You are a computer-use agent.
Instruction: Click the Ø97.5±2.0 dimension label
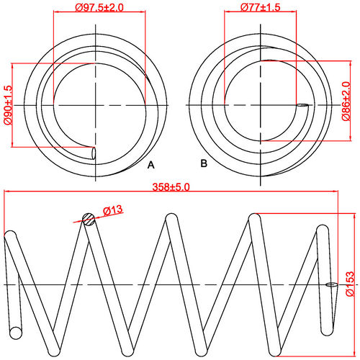click(100, 7)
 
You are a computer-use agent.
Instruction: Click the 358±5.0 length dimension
click(171, 186)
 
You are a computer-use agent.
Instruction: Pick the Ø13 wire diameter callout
click(114, 210)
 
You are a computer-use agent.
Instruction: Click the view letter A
click(150, 165)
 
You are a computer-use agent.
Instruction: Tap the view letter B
click(204, 164)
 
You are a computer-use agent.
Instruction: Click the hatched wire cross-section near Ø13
click(88, 220)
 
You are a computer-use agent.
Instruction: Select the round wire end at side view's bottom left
click(15, 332)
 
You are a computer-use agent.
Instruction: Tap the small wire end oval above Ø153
click(330, 284)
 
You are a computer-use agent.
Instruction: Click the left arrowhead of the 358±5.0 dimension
click(7, 192)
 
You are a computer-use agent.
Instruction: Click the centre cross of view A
click(95, 106)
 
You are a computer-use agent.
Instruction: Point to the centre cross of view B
click(264, 106)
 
